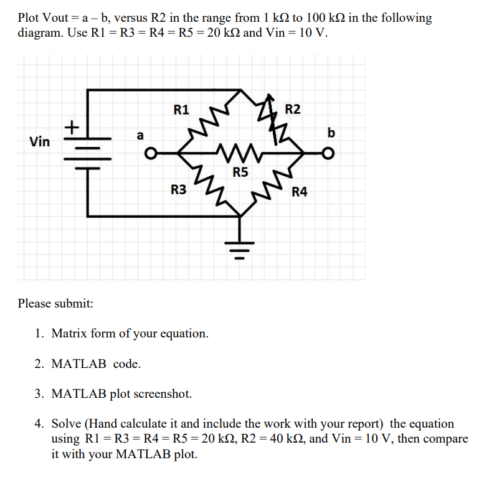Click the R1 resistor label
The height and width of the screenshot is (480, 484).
(181, 111)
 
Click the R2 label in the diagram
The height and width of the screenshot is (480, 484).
(292, 110)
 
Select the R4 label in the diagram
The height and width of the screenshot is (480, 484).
(300, 191)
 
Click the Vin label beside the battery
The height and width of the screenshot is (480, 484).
(40, 142)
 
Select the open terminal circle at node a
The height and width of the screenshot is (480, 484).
(149, 153)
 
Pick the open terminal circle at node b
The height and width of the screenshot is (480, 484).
(331, 153)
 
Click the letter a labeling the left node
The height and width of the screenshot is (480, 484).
(140, 134)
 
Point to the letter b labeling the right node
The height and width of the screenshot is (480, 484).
(331, 133)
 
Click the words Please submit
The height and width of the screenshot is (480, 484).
(55, 303)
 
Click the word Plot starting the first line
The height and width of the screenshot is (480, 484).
(29, 17)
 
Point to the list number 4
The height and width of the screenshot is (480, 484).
(39, 424)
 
